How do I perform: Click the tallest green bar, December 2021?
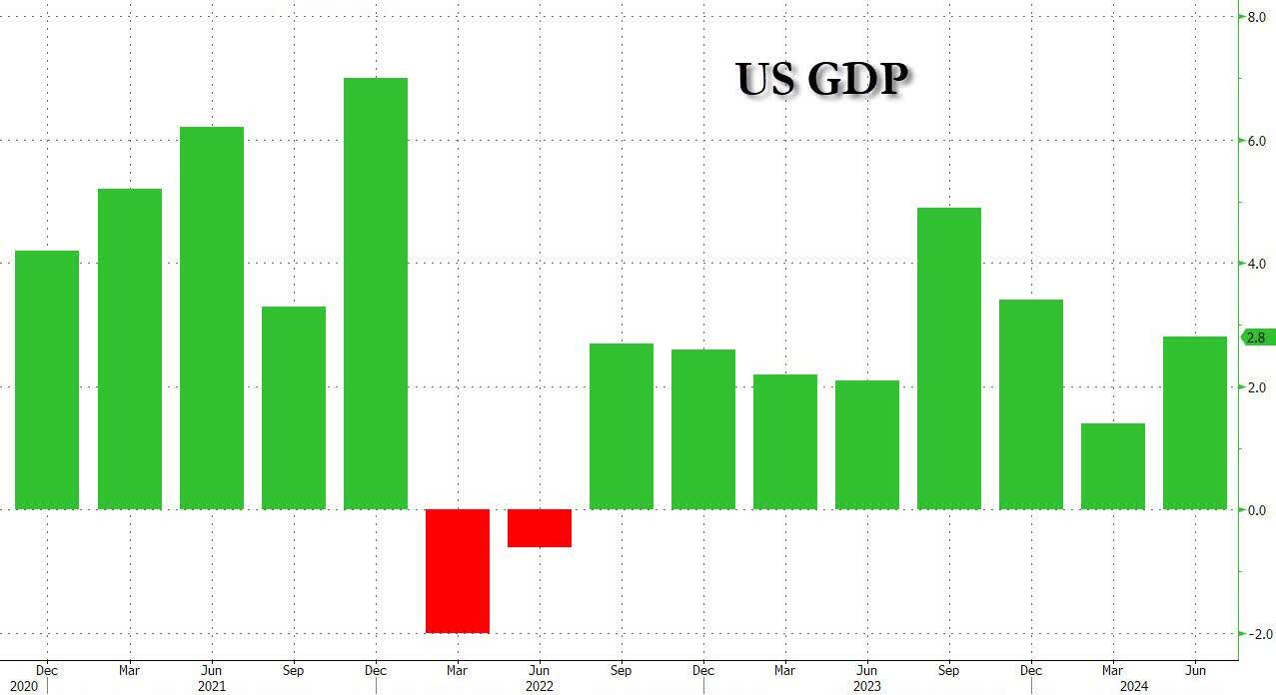coord(375,294)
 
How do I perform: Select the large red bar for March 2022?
coord(457,570)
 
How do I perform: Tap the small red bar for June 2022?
coord(539,528)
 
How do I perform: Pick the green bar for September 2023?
coord(948,358)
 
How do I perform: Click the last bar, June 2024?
coord(1194,422)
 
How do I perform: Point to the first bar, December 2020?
coord(47,379)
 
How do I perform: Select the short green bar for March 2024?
coord(1112,466)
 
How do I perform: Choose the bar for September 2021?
coord(293,407)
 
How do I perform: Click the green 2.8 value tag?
coord(1254,339)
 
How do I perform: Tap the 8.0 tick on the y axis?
coord(1254,17)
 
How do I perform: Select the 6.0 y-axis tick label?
coord(1254,141)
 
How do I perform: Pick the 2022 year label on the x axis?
coord(539,687)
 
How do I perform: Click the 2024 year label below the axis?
coord(1134,687)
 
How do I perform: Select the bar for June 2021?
coord(211,318)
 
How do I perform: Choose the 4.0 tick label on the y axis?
coord(1254,264)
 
